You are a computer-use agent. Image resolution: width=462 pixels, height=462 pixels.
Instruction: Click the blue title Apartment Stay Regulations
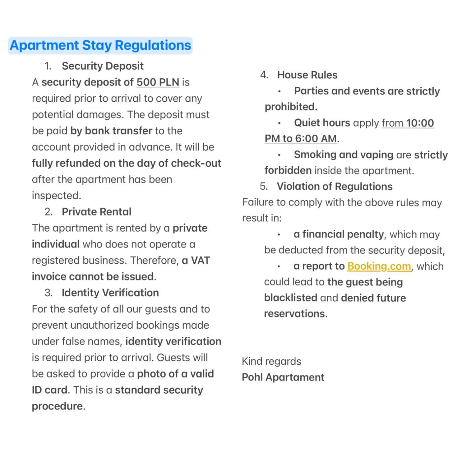(x=100, y=46)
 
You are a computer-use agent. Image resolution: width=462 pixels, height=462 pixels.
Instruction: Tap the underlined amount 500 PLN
(x=158, y=82)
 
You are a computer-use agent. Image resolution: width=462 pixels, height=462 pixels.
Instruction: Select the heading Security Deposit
(x=103, y=66)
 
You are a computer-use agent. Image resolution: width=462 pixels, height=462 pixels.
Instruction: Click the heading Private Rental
(x=96, y=212)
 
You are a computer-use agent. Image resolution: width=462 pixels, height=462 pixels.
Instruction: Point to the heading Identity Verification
(x=110, y=293)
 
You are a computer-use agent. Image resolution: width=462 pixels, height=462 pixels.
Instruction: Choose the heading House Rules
(x=307, y=75)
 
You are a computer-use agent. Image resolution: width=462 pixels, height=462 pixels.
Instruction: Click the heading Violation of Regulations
(x=335, y=186)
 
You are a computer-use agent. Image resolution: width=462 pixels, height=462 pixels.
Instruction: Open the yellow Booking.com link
(x=379, y=266)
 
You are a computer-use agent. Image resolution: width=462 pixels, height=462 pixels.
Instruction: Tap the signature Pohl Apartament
(x=283, y=377)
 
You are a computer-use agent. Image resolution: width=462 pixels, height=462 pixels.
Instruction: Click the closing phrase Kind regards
(x=271, y=361)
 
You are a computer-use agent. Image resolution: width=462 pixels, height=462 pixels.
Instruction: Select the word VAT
(x=200, y=260)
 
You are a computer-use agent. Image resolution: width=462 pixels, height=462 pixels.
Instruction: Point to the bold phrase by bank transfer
(x=111, y=131)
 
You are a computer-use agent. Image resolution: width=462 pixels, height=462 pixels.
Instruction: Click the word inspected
(x=56, y=196)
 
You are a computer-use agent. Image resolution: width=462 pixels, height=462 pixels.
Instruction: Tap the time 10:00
(x=420, y=123)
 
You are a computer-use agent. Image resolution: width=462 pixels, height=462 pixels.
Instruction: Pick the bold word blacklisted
(x=290, y=298)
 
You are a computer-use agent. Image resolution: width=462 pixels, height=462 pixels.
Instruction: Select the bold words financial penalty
(x=343, y=234)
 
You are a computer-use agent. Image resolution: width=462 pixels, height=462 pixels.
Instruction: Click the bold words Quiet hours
(x=322, y=123)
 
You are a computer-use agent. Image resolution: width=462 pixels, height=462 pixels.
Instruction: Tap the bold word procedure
(x=57, y=406)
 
